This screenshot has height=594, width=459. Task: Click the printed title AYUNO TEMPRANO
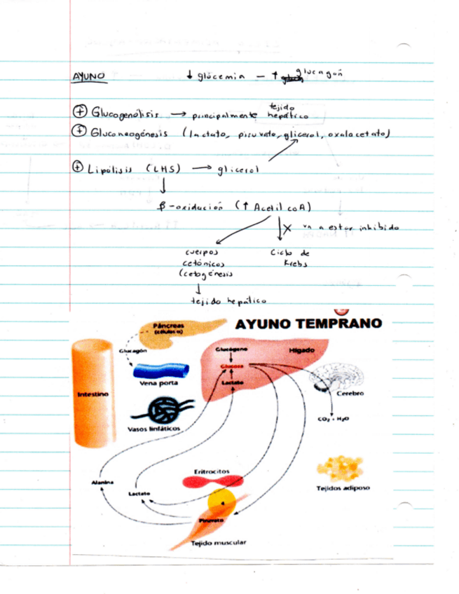(309, 324)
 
